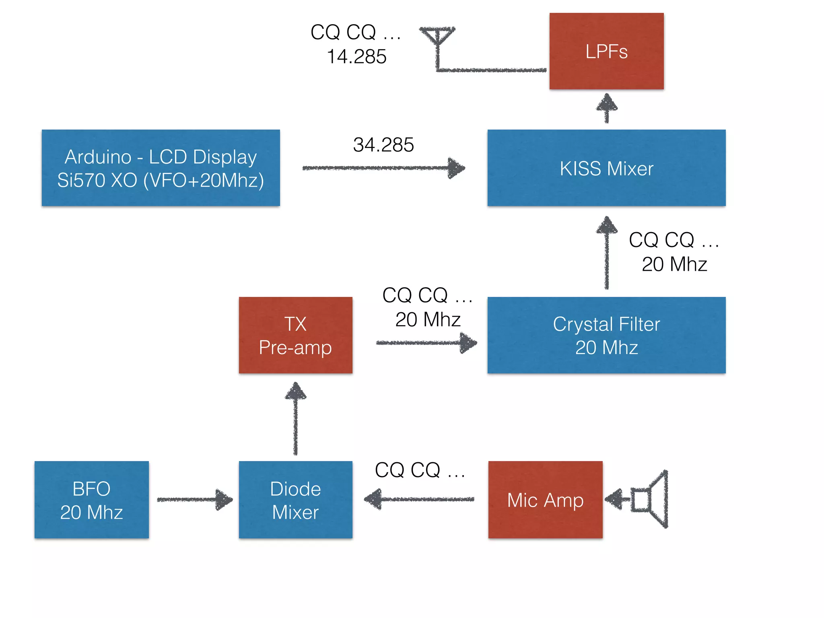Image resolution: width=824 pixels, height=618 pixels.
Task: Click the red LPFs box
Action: click(x=606, y=51)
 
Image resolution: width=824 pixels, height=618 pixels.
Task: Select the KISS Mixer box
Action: click(x=606, y=168)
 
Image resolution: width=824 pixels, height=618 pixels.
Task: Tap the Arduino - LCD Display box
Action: click(x=161, y=168)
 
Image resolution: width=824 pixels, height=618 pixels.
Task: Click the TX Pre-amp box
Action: click(x=295, y=335)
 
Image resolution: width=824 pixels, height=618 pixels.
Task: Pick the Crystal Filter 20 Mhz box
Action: click(x=606, y=335)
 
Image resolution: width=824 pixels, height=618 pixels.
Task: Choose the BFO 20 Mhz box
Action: click(x=91, y=500)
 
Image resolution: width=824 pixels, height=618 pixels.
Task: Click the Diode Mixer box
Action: click(x=295, y=500)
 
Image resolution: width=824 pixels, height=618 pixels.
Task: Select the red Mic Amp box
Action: click(x=545, y=500)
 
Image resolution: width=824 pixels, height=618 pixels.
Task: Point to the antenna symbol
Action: click(x=437, y=40)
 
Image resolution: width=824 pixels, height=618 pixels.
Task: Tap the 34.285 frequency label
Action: click(x=383, y=145)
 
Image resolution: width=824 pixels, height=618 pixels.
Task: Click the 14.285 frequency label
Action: click(x=356, y=56)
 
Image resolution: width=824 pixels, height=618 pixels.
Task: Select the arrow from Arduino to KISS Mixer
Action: click(x=382, y=168)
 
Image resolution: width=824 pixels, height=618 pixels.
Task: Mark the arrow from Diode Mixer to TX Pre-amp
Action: click(x=295, y=418)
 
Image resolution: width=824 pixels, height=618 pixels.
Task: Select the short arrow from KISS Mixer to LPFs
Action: click(x=606, y=108)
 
